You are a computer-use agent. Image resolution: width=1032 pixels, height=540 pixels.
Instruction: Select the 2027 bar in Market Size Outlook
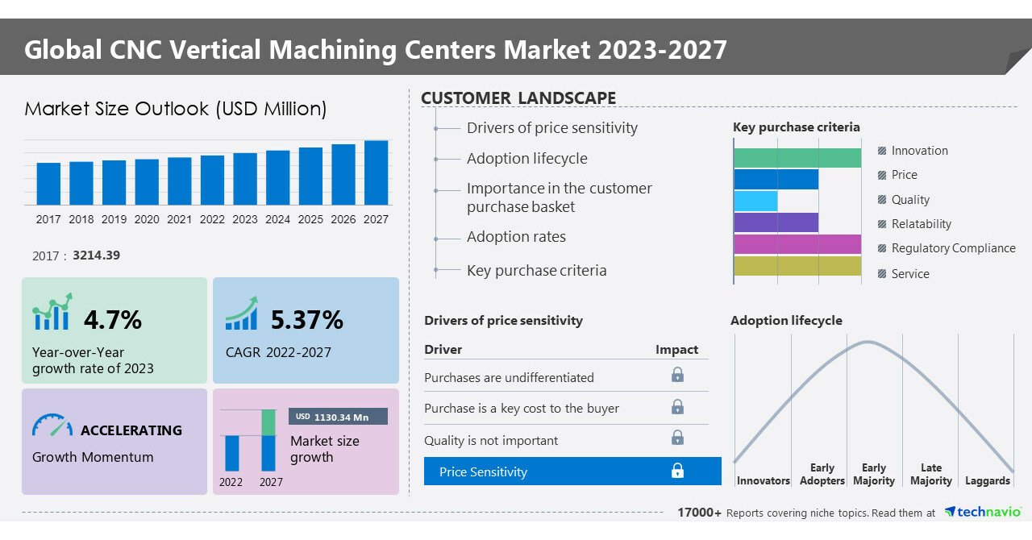coord(376,172)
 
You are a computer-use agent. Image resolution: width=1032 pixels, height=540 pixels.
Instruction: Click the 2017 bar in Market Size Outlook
coord(48,184)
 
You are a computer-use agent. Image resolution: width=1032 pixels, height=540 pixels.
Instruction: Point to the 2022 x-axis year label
coord(212,219)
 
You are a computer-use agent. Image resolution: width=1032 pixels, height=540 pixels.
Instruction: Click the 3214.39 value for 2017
coord(96,255)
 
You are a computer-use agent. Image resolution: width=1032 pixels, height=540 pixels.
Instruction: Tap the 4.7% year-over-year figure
coord(113,320)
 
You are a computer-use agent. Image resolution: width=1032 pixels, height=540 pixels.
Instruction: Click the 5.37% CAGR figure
coord(306,320)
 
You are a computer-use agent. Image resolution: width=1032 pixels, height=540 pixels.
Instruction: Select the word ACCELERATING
coord(131,430)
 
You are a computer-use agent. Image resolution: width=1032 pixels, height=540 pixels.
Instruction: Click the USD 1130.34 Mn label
coord(338,417)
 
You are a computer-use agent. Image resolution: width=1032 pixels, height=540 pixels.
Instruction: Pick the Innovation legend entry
coord(919,151)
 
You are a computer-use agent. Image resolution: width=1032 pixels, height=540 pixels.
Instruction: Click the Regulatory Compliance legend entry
coord(953,248)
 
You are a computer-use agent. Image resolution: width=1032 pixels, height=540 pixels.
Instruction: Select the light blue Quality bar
coord(755,201)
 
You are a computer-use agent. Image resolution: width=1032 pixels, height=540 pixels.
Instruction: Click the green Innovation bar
coord(797,158)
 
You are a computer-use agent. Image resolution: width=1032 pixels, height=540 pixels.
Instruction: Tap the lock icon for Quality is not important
coord(677,438)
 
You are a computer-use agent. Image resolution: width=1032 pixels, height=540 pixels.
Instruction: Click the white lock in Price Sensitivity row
coord(677,471)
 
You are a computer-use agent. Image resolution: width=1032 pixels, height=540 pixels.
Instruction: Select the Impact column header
coord(676,350)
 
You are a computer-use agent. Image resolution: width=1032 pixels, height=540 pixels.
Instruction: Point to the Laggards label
coord(987,480)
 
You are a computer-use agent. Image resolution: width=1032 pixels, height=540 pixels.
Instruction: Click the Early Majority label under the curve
coord(874,474)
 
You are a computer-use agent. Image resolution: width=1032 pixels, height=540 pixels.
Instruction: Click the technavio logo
coord(983,512)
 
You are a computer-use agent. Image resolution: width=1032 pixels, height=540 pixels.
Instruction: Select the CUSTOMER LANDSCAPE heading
coord(518,98)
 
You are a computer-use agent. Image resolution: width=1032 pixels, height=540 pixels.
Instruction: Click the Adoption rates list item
coord(516,237)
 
